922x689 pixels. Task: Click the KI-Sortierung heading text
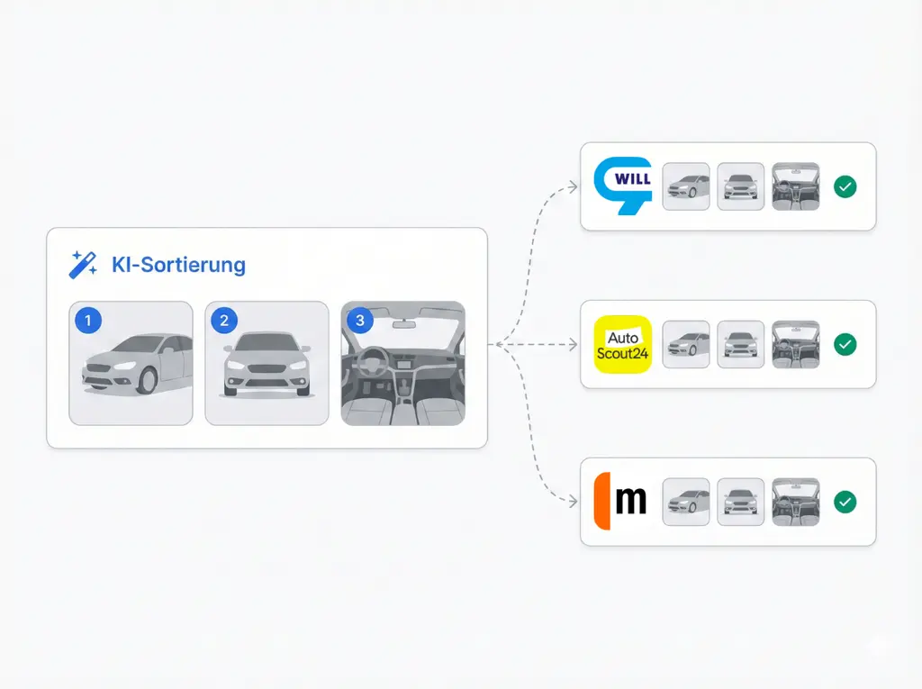tap(178, 265)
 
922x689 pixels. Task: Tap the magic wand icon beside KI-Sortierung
tap(83, 265)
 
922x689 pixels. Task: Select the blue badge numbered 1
tap(88, 319)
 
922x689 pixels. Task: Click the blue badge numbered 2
tap(223, 319)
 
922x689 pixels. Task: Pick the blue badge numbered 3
tap(360, 320)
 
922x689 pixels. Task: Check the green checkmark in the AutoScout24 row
tap(845, 344)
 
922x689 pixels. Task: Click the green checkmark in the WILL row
tap(845, 186)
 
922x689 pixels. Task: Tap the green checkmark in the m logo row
tap(845, 502)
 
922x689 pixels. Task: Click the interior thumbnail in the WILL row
tap(796, 186)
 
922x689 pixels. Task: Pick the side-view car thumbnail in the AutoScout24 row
tap(686, 344)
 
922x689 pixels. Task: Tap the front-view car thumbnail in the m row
tap(741, 502)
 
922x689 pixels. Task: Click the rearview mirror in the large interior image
tap(403, 322)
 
